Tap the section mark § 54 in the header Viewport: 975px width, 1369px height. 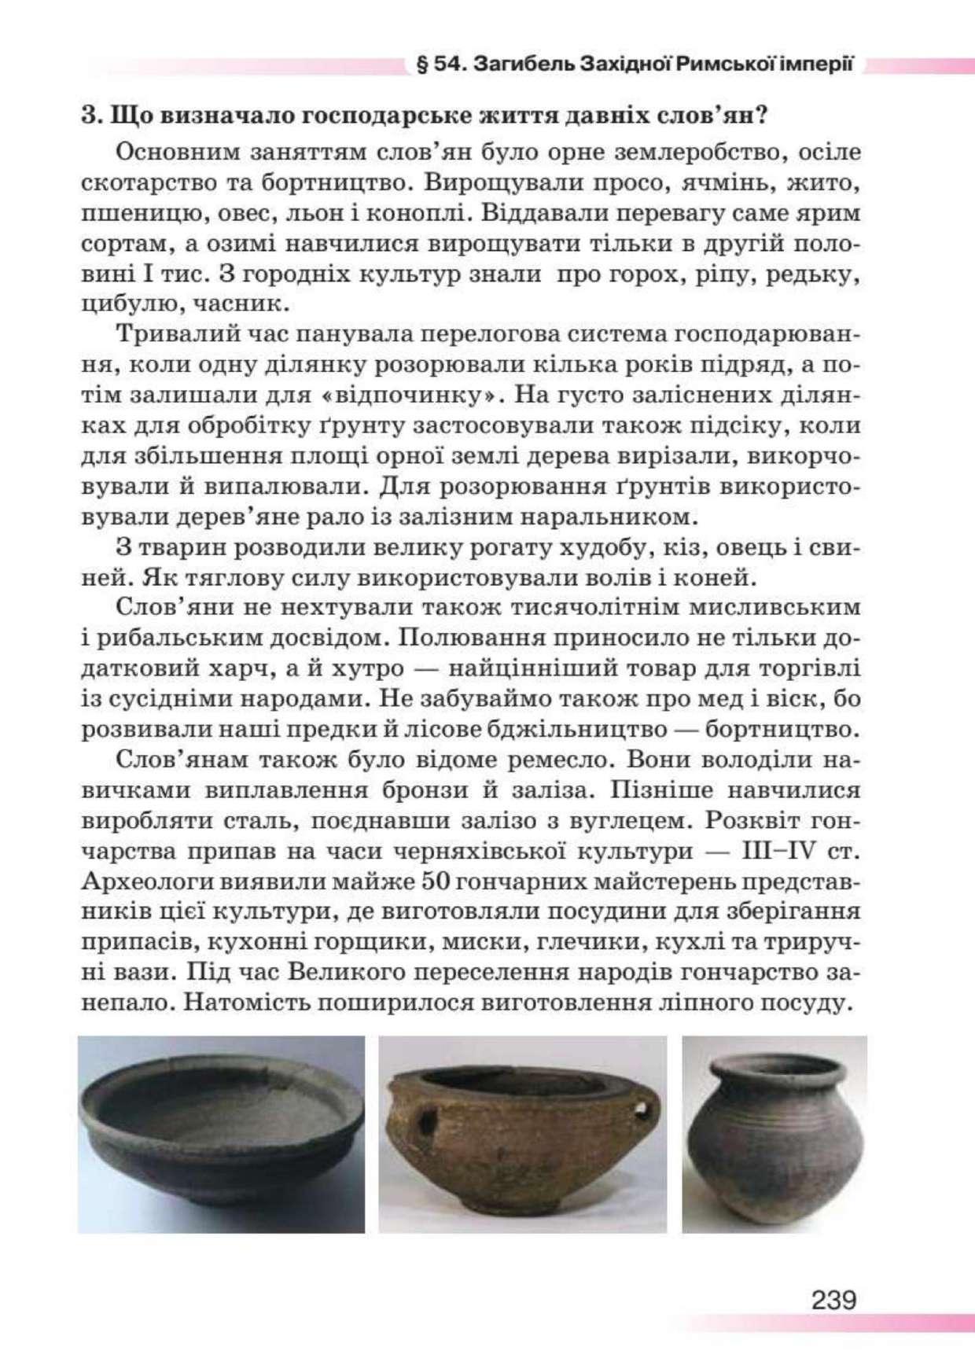442,64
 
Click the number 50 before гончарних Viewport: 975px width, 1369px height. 435,881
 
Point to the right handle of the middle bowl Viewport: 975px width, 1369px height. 646,1111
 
